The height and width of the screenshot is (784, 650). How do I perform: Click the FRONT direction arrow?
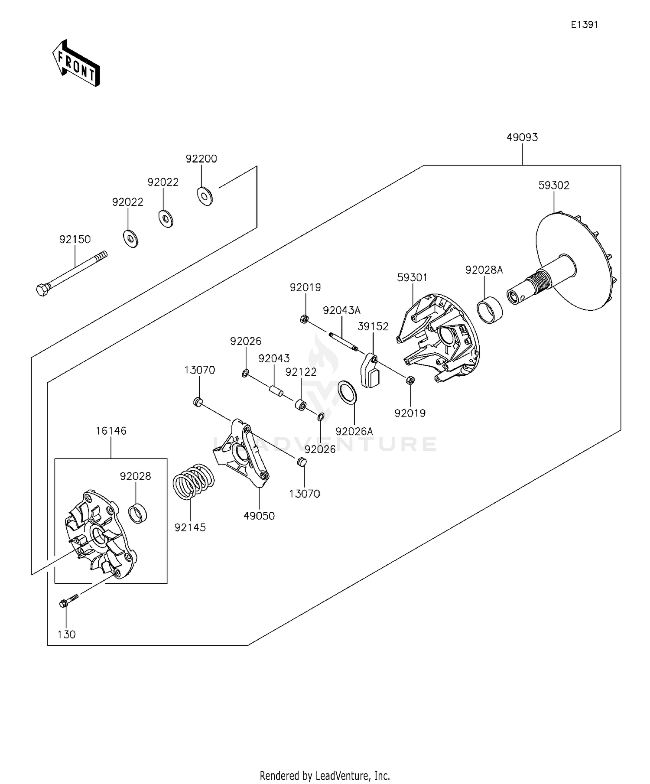point(76,64)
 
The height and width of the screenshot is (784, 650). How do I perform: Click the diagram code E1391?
point(584,25)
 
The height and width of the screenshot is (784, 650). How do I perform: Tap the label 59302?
point(553,185)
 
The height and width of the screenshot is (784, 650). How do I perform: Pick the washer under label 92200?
point(205,196)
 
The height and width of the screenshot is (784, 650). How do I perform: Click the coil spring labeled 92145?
point(194,481)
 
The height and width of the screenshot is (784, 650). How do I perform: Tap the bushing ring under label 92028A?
point(490,307)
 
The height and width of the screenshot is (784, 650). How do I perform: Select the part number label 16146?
point(111,431)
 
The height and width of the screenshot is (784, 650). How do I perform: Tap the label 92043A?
point(341,310)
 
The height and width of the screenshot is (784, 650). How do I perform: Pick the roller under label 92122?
point(300,405)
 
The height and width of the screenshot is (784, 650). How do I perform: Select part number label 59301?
point(412,277)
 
